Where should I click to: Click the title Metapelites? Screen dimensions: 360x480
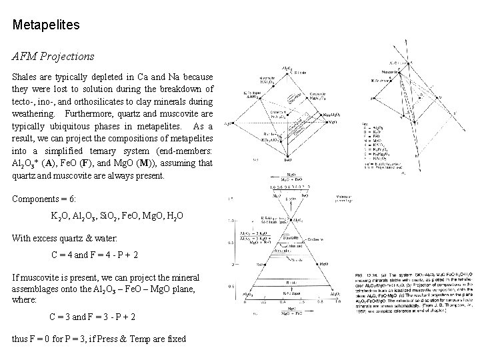tap(46, 25)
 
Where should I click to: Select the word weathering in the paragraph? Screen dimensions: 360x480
tap(35, 114)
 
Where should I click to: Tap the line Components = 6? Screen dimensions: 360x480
tap(45, 199)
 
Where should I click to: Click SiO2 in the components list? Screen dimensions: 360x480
tap(111, 217)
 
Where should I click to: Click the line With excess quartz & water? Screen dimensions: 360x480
tap(64, 237)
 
